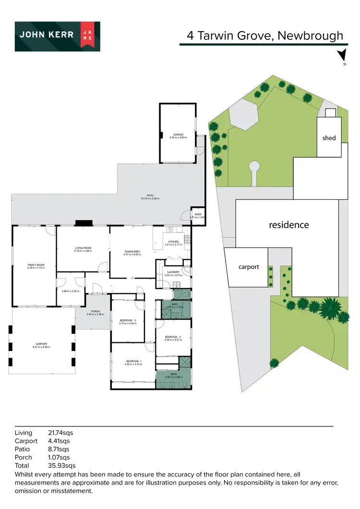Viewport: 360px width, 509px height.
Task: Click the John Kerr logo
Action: point(57,36)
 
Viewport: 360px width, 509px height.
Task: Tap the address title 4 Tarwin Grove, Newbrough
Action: point(265,36)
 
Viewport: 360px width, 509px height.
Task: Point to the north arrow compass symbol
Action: point(341,56)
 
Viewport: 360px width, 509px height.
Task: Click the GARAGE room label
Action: point(177,135)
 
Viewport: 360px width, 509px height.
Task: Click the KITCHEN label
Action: point(173,242)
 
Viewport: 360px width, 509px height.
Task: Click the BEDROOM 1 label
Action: point(134,361)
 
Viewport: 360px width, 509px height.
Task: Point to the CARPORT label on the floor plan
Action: point(42,344)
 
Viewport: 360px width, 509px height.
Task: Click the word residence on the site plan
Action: point(288,225)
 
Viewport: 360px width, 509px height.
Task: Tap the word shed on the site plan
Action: point(329,138)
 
